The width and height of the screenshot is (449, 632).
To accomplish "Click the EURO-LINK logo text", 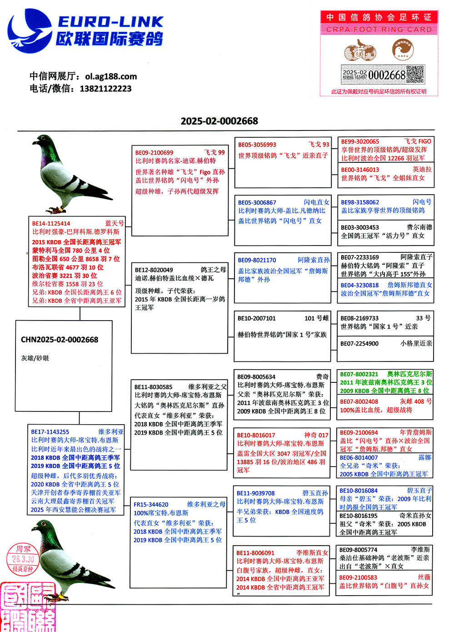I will click(110, 21).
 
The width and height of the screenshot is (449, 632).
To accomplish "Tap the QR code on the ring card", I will click(414, 74).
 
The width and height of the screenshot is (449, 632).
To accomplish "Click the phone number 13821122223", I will click(105, 88).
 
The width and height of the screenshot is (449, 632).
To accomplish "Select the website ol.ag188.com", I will click(111, 76).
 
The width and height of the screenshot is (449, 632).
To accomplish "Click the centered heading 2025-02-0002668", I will click(219, 121).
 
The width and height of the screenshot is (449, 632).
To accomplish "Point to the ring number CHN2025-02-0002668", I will click(60, 340).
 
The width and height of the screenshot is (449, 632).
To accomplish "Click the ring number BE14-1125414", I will click(51, 223).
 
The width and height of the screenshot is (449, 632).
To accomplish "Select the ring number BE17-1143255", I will click(50, 431).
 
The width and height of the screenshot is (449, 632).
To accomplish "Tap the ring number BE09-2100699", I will click(154, 152).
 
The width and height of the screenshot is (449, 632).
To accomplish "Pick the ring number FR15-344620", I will click(151, 504).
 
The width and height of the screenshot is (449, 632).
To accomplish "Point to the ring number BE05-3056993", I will click(257, 145).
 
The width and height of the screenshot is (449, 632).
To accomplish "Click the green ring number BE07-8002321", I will click(359, 374).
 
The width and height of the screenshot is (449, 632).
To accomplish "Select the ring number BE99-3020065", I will click(360, 141).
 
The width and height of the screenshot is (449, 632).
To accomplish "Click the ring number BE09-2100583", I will click(358, 577).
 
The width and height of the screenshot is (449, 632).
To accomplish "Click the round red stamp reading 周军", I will click(23, 559).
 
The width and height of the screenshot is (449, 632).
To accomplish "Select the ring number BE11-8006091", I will click(255, 552).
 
